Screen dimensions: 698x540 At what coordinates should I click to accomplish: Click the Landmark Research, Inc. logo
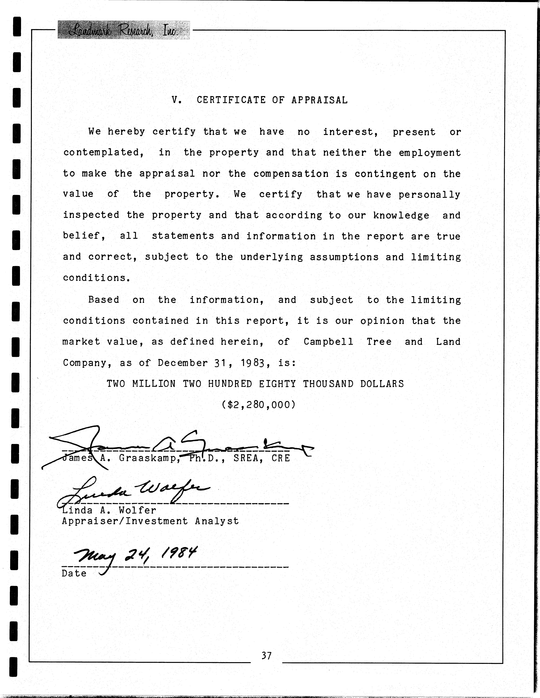[123, 30]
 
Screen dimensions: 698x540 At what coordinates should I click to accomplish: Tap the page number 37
[266, 656]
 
